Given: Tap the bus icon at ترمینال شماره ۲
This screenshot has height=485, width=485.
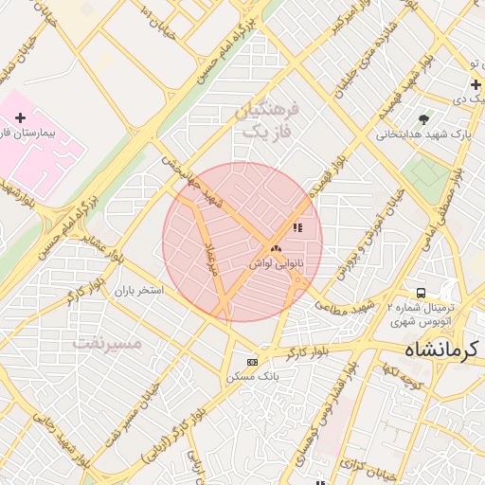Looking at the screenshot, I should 421,293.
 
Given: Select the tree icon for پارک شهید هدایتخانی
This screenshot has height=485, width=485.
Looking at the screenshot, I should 422,118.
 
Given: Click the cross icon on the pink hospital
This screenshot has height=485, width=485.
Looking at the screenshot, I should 20,117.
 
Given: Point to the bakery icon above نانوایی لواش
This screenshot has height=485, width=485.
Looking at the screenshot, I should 276,248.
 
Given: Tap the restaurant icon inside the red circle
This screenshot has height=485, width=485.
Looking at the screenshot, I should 297,227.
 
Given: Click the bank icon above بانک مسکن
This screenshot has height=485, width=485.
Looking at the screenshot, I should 252,362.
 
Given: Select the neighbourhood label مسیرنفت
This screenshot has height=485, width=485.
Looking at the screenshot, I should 106,343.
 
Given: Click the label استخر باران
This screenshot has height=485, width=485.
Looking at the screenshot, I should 140,290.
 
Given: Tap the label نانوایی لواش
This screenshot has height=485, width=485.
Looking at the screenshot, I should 268,263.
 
